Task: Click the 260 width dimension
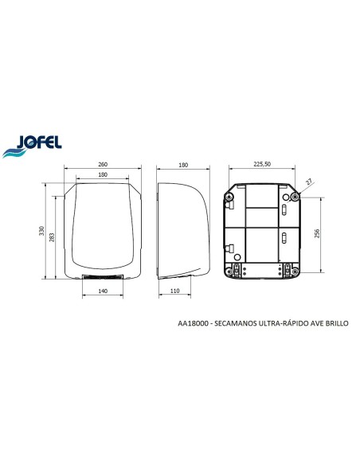[x=103, y=163]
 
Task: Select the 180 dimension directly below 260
[x=103, y=174]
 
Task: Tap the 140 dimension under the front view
[x=103, y=292]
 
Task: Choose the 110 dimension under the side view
[x=196, y=292]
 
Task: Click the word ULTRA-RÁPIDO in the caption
[x=285, y=324]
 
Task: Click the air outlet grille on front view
[x=103, y=277]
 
